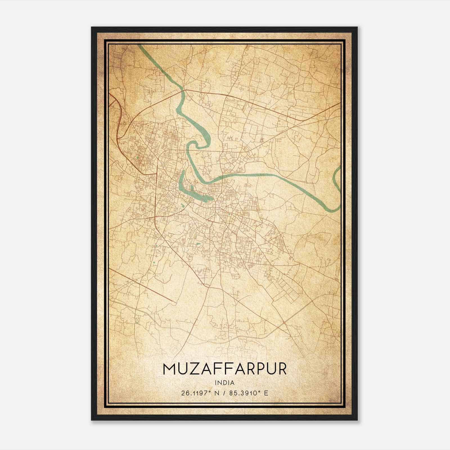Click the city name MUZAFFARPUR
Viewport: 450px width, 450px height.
tap(225, 369)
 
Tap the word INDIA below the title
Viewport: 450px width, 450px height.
tap(225, 382)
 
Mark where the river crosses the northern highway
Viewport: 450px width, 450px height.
tap(184, 90)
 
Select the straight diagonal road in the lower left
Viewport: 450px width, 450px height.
tap(141, 284)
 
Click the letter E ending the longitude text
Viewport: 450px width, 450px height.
tap(266, 393)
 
